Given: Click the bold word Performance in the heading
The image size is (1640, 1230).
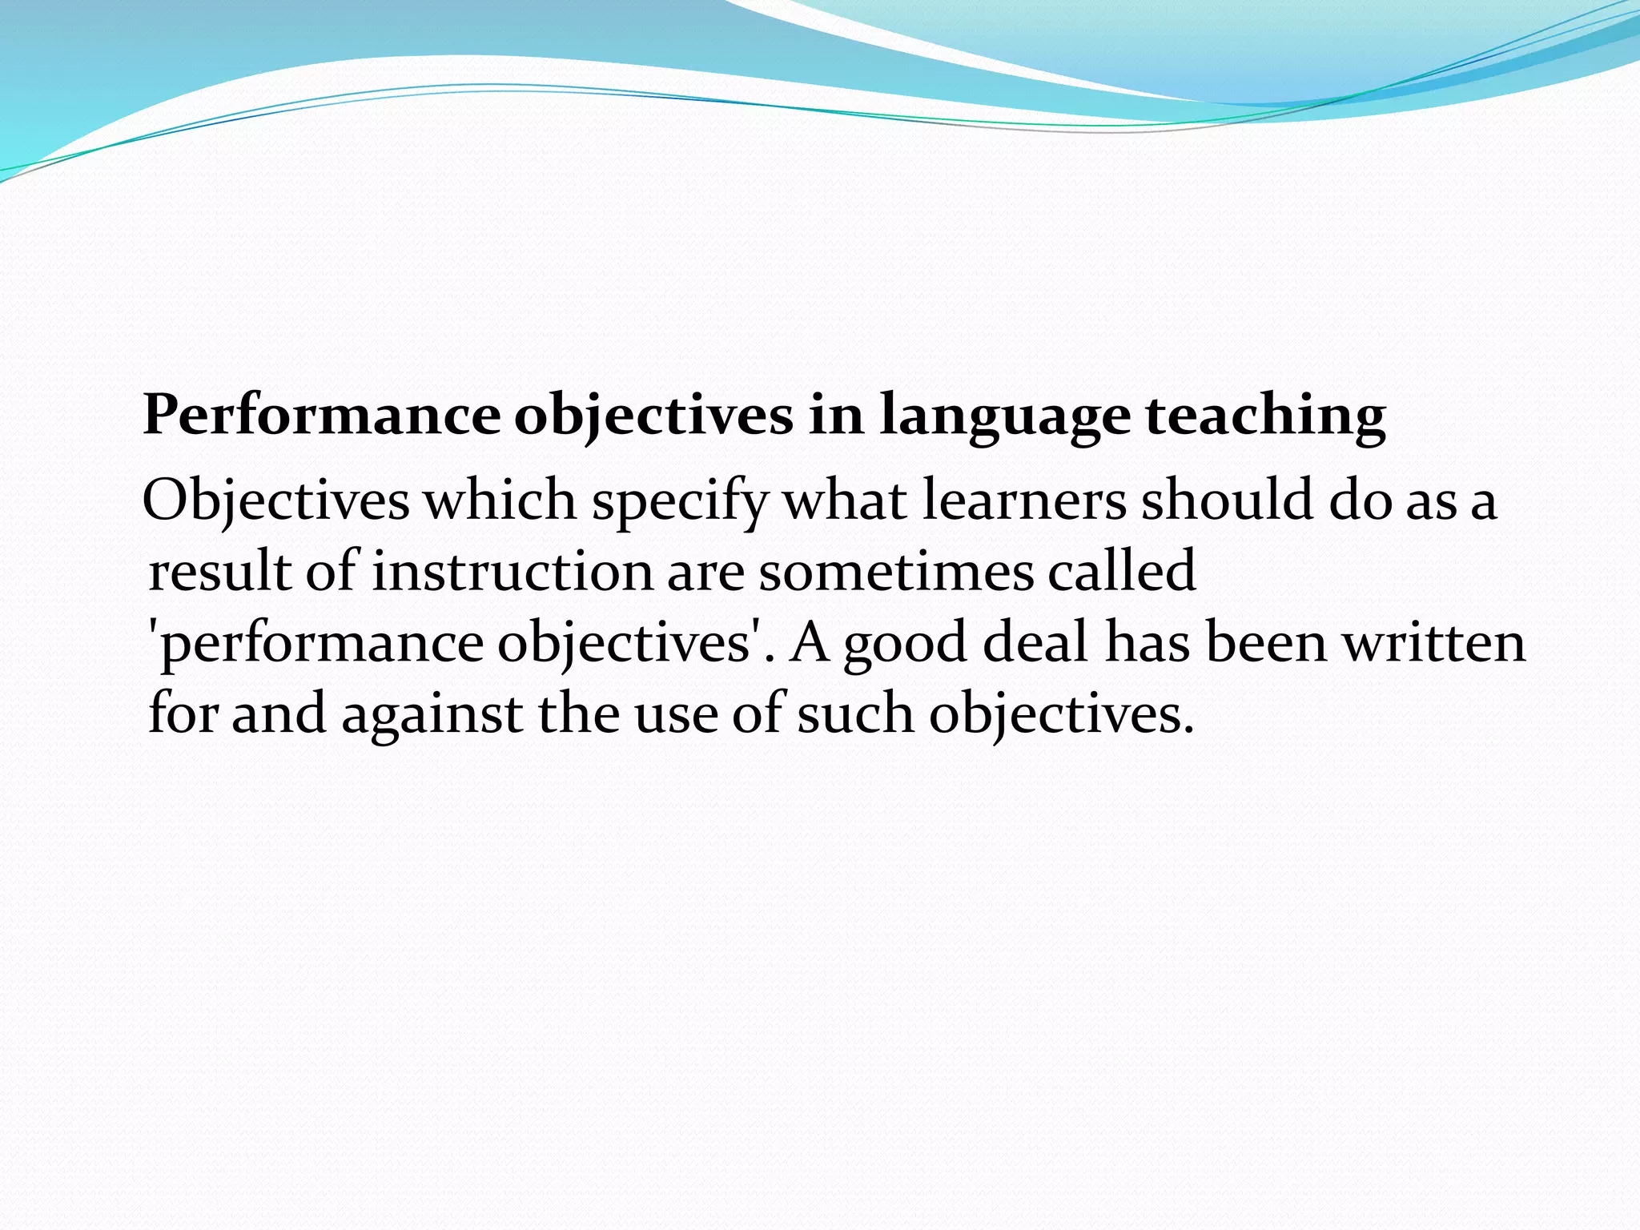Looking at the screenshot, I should pyautogui.click(x=321, y=416).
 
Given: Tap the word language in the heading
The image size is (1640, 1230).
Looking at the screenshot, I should pyautogui.click(x=1004, y=416).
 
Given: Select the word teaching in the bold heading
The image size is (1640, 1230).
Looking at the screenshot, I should pyautogui.click(x=1265, y=416).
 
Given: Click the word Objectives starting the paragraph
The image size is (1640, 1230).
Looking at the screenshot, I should pyautogui.click(x=275, y=502).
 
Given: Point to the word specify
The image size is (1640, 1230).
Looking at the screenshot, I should pyautogui.click(x=679, y=502).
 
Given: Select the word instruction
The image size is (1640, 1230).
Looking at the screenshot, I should pyautogui.click(x=512, y=572).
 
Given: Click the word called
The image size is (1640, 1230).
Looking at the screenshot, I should pyautogui.click(x=1121, y=572).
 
